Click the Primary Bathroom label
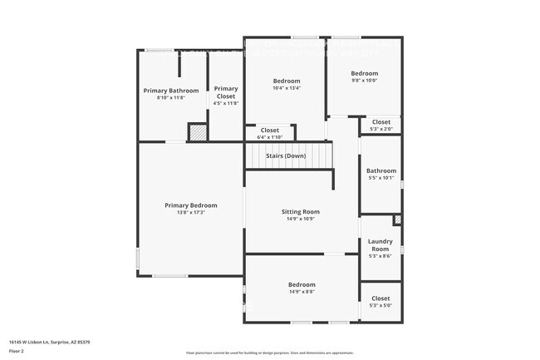pyautogui.click(x=171, y=91)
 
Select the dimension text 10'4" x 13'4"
pyautogui.click(x=287, y=88)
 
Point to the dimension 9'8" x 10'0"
pyautogui.click(x=364, y=81)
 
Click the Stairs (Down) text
pyautogui.click(x=285, y=156)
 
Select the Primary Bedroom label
pyautogui.click(x=190, y=205)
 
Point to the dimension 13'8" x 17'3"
pyautogui.click(x=190, y=213)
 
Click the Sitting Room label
pyautogui.click(x=300, y=212)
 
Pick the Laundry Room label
pyautogui.click(x=380, y=245)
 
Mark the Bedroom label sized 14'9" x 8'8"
pyautogui.click(x=302, y=284)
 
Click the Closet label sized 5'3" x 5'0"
pyautogui.click(x=380, y=298)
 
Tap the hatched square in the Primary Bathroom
pyautogui.click(x=197, y=132)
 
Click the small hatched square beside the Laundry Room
pyautogui.click(x=397, y=220)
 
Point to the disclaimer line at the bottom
pyautogui.click(x=269, y=353)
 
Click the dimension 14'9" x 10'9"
pyautogui.click(x=300, y=219)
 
